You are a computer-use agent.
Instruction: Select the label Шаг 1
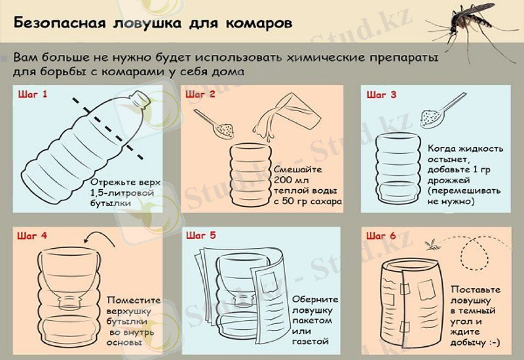point(33,94)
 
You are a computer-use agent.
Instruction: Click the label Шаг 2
point(200,94)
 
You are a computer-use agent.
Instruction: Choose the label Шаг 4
point(33,235)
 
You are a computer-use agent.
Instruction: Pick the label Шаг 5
point(200,235)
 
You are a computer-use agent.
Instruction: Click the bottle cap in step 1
point(138,98)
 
